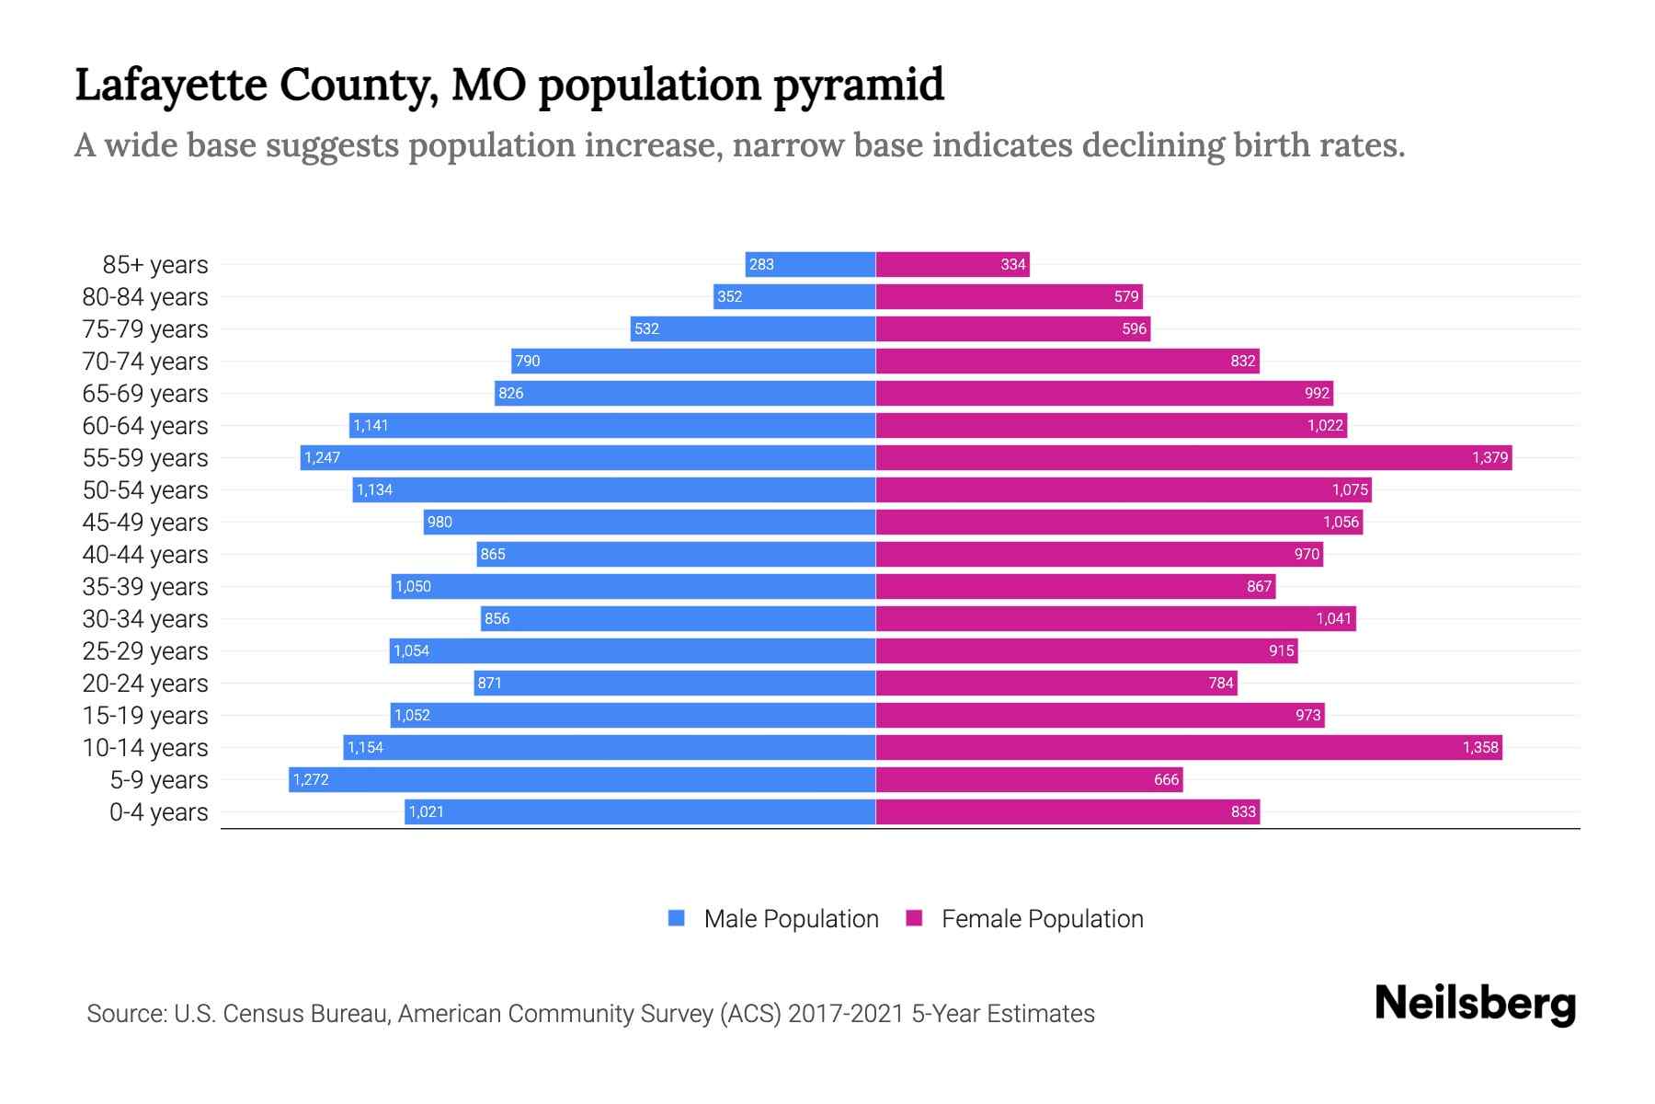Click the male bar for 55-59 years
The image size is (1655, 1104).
[588, 457]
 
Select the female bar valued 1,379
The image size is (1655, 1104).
[1193, 457]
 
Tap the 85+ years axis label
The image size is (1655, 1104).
[155, 265]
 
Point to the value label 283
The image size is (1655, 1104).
[761, 265]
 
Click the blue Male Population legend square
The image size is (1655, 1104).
[677, 918]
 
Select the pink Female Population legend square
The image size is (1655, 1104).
[914, 918]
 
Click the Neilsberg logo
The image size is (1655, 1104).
[1475, 1004]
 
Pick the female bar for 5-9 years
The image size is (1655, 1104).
[1029, 779]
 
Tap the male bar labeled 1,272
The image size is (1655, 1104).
[582, 779]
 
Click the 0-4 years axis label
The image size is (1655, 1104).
[158, 812]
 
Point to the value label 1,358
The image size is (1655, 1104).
[1480, 747]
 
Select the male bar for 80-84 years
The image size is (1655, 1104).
[794, 296]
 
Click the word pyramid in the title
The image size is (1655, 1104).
[859, 85]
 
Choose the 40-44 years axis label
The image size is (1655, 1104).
[145, 555]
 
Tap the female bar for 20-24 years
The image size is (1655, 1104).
[1056, 683]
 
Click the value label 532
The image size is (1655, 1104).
[646, 329]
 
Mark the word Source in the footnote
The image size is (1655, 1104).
[125, 1014]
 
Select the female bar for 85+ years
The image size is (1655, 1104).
[953, 265]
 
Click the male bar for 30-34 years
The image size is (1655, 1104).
[678, 618]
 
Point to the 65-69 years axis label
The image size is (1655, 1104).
[145, 394]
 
